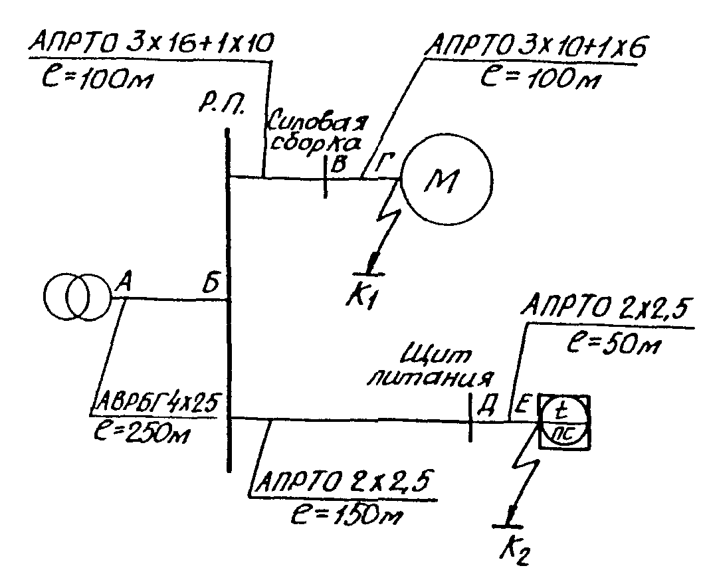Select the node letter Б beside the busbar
tap(211, 283)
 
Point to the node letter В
tap(339, 164)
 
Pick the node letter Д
tap(486, 407)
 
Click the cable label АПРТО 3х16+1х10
tap(151, 43)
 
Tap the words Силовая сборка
tap(319, 132)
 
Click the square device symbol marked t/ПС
tap(563, 421)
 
